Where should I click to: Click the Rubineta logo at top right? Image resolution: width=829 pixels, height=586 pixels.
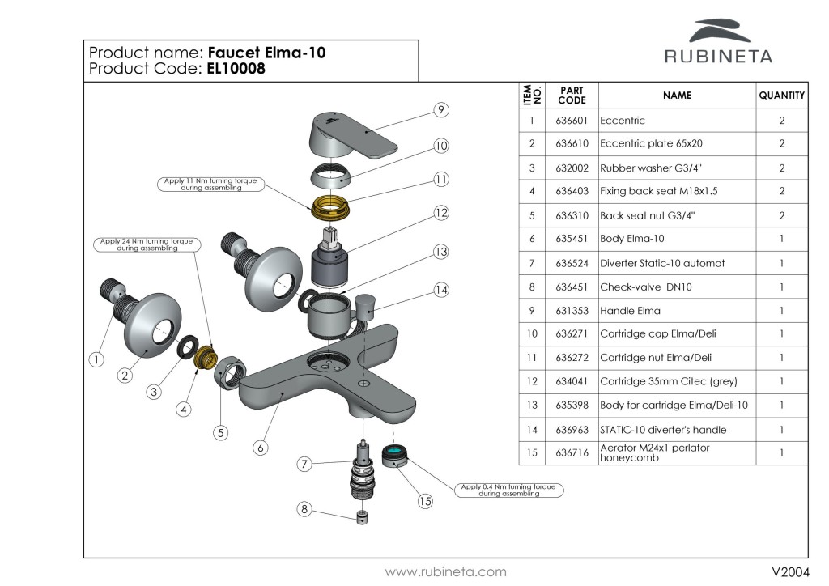pos(718,41)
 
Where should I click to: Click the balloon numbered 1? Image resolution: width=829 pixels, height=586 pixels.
pos(96,359)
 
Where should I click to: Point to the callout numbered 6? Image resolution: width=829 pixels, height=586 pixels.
pos(260,446)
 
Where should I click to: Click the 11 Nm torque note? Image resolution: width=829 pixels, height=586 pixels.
pos(209,184)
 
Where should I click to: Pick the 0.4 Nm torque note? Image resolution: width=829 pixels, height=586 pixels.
pos(508,490)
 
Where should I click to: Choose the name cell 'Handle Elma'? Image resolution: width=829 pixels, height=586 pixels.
pos(630,311)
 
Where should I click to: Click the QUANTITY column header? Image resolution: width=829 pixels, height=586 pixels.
pos(781,96)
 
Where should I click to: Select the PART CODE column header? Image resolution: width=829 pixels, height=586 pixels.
pos(572,96)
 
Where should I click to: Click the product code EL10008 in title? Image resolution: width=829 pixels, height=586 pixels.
pos(236,70)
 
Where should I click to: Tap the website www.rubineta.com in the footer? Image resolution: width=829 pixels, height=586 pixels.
pos(445,572)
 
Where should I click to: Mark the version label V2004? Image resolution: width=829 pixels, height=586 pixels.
pos(789,572)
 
